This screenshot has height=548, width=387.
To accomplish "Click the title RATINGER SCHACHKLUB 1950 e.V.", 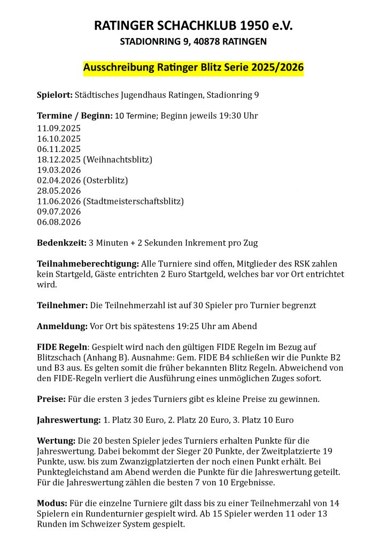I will pos(193,26).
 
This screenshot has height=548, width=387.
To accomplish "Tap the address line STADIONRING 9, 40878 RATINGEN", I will pos(193,41).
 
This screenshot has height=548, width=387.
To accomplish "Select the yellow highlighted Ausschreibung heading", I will pos(193,68).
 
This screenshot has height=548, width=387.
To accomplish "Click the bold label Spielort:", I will pos(55,95).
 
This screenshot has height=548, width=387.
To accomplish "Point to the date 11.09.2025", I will pos(59,128).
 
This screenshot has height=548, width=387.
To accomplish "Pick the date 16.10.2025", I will pos(59,139).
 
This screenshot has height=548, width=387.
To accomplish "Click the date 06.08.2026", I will pos(59,222).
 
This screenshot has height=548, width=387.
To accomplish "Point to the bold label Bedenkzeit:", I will pos(61,243).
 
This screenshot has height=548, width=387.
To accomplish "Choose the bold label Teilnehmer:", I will pos(62,306).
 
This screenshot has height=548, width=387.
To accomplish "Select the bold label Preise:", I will pos(51,399).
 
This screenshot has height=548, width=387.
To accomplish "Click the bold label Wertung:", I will pos(56,441).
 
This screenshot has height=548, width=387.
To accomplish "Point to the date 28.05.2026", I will pos(59,191).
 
